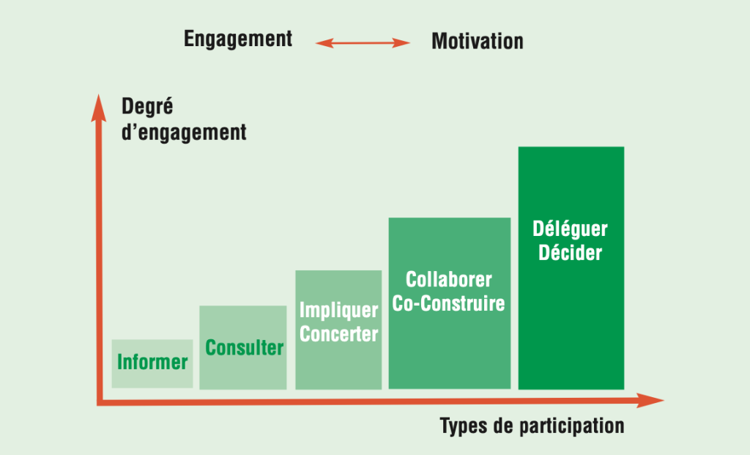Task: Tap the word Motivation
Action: (x=478, y=41)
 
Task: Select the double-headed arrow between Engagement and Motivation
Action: (x=363, y=43)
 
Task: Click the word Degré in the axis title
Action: (x=147, y=106)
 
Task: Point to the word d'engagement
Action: (x=184, y=133)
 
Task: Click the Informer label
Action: (x=152, y=362)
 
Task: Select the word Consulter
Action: (x=244, y=348)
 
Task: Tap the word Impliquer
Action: (x=338, y=311)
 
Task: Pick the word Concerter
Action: (x=338, y=334)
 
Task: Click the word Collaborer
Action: (x=449, y=279)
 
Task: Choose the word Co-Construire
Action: (x=449, y=303)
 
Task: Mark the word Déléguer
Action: (x=570, y=229)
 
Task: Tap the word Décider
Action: (x=570, y=253)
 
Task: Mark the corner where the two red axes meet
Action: (x=100, y=402)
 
